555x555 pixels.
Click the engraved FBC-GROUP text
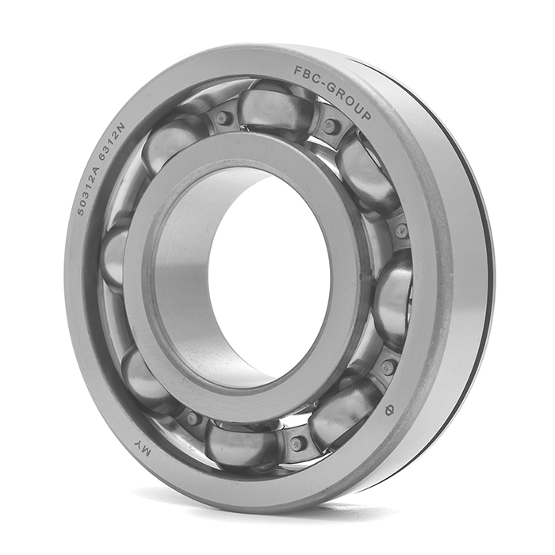pos(332,91)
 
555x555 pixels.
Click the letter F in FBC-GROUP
pos(298,71)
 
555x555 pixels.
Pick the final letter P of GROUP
pos(366,114)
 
